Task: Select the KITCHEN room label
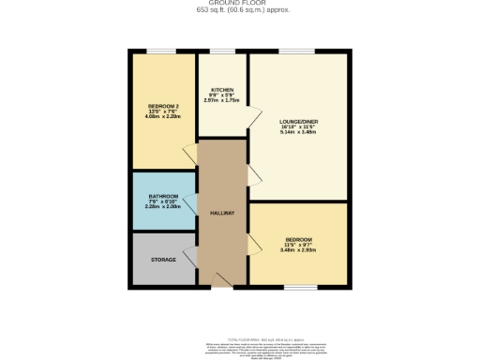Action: [221, 90]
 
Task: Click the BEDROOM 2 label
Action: [162, 105]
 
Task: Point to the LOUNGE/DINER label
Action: [298, 122]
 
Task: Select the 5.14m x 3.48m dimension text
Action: [298, 132]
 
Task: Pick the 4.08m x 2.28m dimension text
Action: [162, 116]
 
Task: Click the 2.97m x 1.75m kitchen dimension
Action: [222, 100]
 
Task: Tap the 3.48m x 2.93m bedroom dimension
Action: [298, 249]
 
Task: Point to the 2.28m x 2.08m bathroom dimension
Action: [161, 207]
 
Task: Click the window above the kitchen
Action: [222, 51]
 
